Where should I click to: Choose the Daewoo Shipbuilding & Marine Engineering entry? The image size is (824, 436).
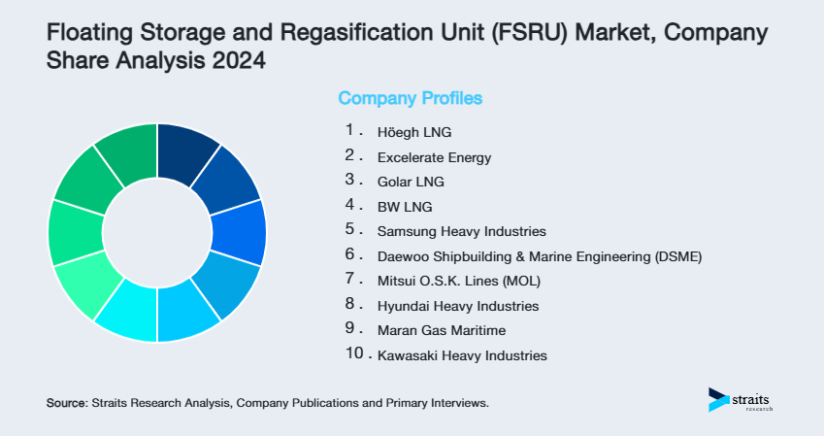539,256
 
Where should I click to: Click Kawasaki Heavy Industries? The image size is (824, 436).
462,356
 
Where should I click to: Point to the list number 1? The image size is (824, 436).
349,130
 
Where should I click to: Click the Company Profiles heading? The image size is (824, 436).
410,98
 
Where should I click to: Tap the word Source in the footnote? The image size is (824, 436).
66,402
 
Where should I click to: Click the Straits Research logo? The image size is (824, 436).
742,400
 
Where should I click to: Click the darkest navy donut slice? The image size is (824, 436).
188,153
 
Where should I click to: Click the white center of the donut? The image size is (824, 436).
156,233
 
